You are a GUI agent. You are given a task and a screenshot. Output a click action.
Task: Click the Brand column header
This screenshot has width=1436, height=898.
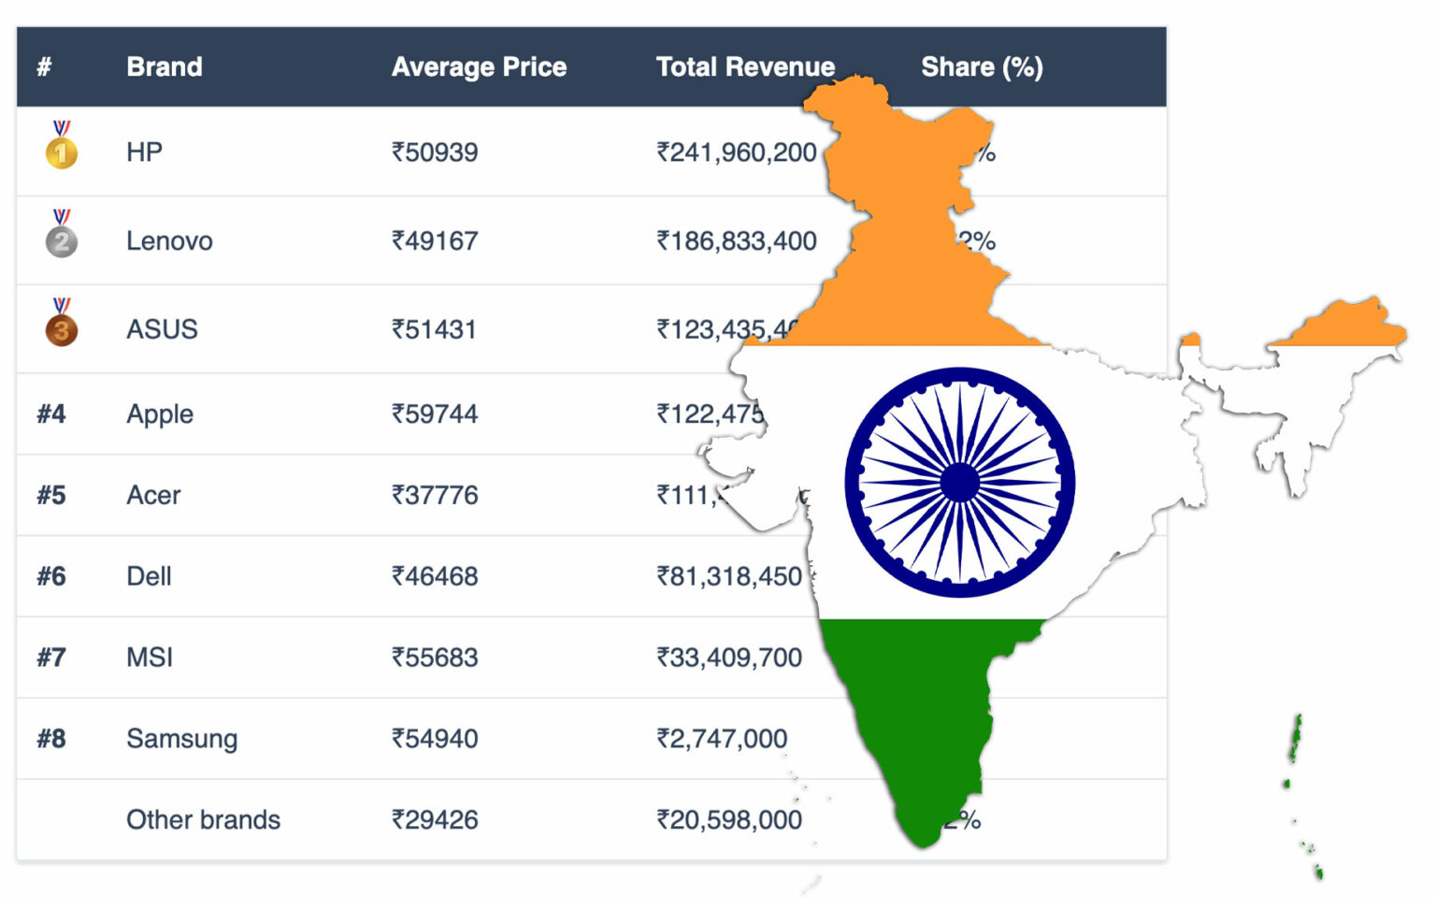click(165, 67)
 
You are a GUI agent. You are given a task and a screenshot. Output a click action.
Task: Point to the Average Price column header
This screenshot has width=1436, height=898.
click(479, 67)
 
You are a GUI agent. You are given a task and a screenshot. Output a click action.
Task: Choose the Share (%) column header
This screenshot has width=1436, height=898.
click(982, 67)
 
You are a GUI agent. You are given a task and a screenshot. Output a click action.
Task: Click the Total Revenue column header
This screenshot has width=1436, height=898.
click(745, 67)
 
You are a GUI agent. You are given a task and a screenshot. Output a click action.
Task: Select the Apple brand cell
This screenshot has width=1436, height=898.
click(160, 413)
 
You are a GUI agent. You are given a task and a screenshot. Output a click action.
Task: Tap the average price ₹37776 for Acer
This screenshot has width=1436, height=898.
click(435, 495)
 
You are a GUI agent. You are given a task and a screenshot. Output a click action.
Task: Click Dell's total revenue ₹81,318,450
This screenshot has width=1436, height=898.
click(729, 576)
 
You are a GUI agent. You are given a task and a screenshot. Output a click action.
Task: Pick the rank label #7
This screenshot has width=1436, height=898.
click(51, 658)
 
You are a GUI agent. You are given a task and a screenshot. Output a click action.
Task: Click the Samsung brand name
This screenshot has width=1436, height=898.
click(182, 739)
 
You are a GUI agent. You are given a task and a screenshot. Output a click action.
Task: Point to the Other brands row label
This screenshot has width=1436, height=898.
click(204, 820)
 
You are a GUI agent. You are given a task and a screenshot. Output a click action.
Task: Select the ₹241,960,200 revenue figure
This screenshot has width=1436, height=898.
click(737, 152)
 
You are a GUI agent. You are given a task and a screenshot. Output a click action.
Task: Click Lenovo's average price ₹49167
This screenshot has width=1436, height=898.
click(435, 241)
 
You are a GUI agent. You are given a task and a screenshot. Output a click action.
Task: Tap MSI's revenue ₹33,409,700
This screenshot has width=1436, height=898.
click(729, 658)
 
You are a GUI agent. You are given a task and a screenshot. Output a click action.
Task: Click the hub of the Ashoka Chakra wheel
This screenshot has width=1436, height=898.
click(960, 483)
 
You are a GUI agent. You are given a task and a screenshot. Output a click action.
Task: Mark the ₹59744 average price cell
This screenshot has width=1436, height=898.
click(435, 413)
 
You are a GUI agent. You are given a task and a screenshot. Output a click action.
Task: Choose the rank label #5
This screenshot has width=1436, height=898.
click(51, 495)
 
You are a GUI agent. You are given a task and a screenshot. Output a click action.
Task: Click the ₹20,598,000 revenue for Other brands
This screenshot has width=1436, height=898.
click(729, 820)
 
